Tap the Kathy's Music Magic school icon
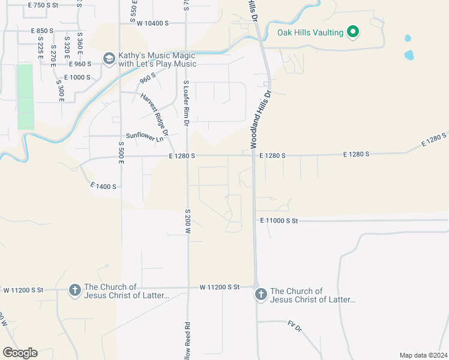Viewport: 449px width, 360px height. [109, 58]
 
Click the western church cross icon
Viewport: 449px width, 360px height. [74, 290]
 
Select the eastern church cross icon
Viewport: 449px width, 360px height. [261, 294]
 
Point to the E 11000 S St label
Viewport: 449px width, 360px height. [279, 221]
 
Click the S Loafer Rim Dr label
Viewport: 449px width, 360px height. [187, 103]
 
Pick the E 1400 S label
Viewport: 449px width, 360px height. [101, 187]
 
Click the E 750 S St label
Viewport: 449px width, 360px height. [44, 5]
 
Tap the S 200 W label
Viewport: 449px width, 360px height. [187, 221]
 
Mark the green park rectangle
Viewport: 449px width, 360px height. [25, 96]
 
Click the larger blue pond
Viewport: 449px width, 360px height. [409, 55]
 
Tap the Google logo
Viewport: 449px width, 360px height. [20, 353]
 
